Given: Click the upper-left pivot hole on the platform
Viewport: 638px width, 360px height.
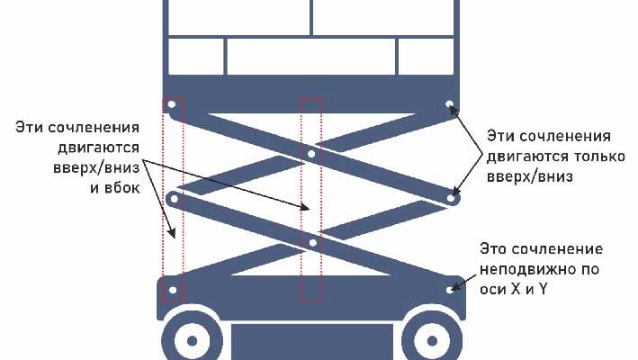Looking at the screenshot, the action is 171,104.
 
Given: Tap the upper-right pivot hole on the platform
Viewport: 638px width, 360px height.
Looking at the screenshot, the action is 449,104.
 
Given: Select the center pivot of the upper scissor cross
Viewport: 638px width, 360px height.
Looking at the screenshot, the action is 311,154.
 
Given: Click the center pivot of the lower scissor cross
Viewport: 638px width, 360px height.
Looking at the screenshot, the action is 312,243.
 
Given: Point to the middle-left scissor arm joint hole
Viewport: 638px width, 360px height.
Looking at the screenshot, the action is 175,199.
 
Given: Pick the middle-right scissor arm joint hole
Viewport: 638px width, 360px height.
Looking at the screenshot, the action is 451,199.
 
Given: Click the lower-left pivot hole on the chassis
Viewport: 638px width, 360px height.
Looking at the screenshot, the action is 173,290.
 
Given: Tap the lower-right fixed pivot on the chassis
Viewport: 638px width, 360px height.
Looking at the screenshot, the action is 450,290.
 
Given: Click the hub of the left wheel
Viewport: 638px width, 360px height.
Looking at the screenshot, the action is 192,341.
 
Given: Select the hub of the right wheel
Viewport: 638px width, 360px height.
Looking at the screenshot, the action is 432,341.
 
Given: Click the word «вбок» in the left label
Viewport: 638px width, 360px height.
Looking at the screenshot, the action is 121,187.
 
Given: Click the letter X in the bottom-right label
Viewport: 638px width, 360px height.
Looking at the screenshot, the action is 516,289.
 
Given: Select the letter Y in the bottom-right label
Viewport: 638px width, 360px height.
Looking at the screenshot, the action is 543,289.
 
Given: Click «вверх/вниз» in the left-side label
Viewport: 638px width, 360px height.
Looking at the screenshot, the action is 96,167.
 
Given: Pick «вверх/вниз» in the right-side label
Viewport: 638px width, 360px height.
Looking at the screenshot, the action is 530,176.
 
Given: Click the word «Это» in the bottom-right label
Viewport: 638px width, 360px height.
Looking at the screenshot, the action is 493,248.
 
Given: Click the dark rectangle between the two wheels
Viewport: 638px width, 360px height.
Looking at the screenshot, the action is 312,342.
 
